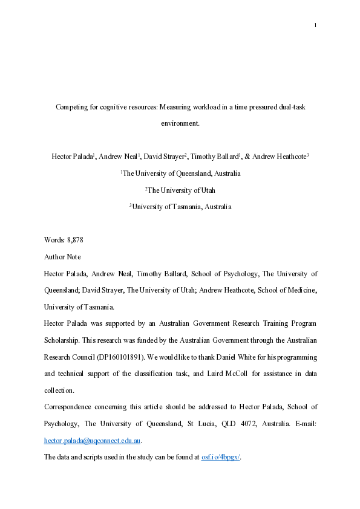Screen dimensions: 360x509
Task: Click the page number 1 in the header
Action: point(316,25)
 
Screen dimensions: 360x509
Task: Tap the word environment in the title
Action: point(180,123)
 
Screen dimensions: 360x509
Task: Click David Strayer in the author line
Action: point(165,156)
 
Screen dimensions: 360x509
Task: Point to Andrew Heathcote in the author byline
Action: point(281,156)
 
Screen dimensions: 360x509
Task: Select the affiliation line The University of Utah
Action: point(180,190)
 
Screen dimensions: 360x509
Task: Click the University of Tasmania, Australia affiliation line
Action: point(180,207)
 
